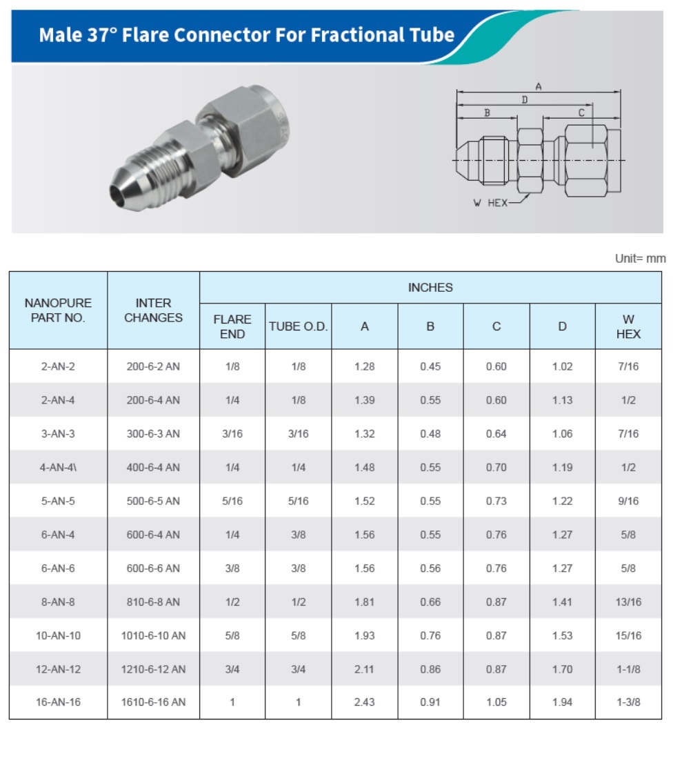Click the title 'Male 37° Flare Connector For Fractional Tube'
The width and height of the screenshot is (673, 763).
[x=246, y=35]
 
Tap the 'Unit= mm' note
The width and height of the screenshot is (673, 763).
[x=640, y=259]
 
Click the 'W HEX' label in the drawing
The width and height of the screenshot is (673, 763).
[x=490, y=203]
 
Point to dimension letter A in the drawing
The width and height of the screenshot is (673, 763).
[x=539, y=87]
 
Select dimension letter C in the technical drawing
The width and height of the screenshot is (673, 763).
[x=581, y=112]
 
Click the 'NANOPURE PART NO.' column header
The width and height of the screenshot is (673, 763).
[x=58, y=310]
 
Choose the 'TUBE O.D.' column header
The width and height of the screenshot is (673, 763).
[x=298, y=326]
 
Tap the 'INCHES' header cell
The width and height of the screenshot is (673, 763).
[x=430, y=288]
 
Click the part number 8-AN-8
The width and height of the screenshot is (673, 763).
[x=58, y=602]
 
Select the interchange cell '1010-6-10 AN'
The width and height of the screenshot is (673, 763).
[x=153, y=635]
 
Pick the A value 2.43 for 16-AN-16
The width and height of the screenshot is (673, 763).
[x=364, y=702]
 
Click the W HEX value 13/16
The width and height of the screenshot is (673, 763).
[x=628, y=602]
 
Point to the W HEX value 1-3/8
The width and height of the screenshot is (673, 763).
[x=628, y=702]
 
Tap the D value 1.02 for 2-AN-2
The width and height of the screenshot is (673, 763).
[x=562, y=366]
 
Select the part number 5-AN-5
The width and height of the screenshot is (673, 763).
[x=58, y=501]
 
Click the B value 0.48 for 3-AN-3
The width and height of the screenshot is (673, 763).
[x=430, y=434]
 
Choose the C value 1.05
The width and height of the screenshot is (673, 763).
[x=496, y=702]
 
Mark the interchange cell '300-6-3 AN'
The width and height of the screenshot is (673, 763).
[x=153, y=434]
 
